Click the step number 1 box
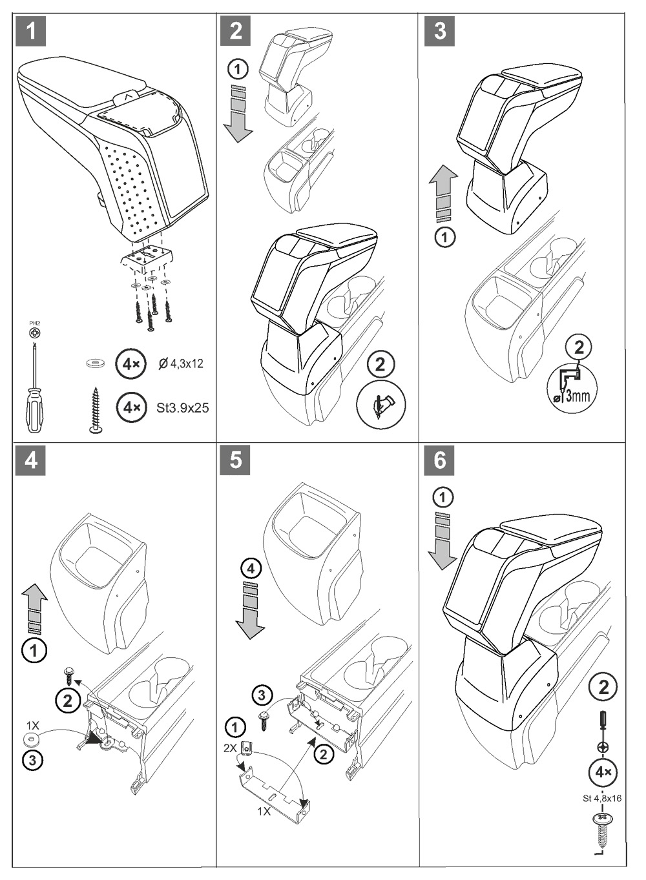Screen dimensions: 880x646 pos(31,31)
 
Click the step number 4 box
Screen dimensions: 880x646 pos(31,460)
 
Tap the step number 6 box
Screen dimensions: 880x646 pos(440,460)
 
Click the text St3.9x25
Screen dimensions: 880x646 pos(183,408)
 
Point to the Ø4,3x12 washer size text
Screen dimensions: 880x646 pos(181,364)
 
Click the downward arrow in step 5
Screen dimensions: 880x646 pos(251,609)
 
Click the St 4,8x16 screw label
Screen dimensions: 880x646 pos(601,798)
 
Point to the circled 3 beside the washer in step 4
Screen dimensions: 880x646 pos(33,760)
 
